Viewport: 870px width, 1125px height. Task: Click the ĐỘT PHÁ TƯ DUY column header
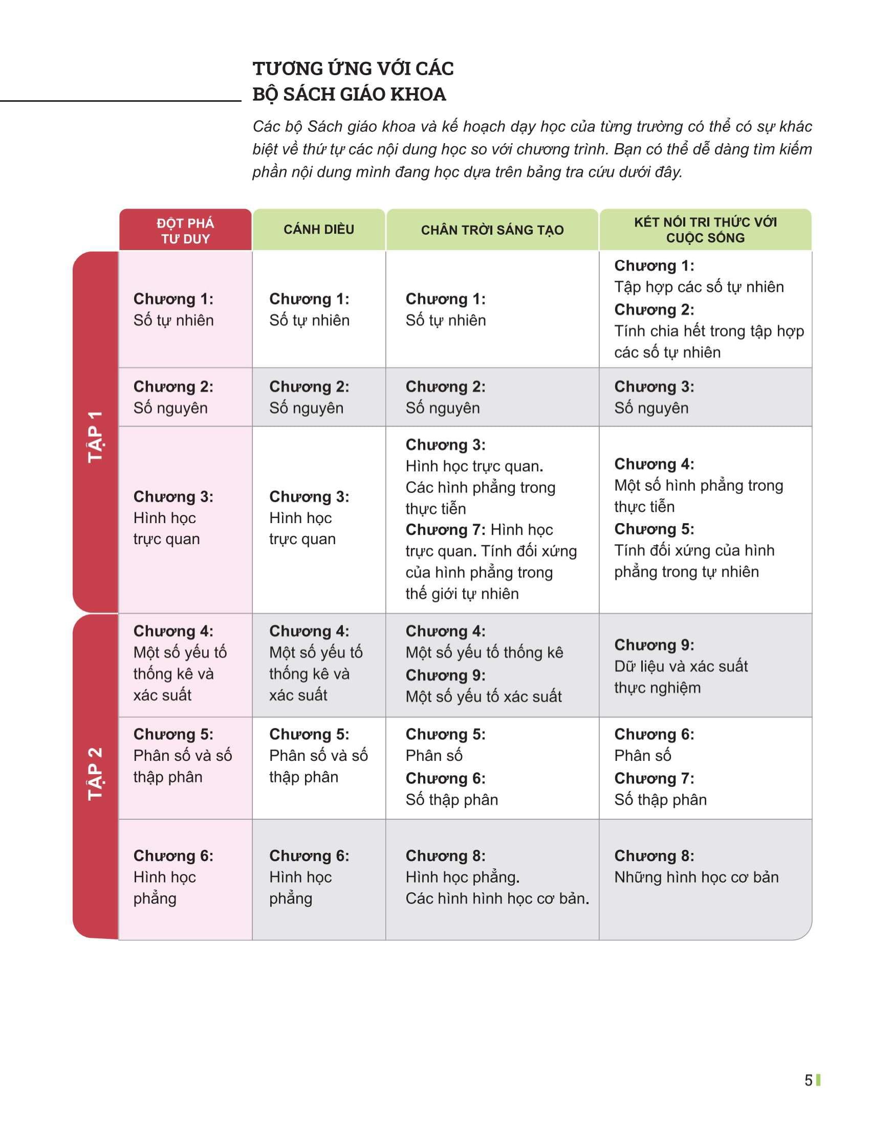[185, 231]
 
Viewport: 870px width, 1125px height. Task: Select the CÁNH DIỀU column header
[318, 230]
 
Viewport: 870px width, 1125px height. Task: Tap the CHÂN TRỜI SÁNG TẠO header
[492, 230]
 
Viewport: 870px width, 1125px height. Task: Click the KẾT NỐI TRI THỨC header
[705, 230]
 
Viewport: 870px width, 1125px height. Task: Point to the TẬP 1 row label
[96, 436]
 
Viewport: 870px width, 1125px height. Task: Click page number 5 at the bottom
[808, 1080]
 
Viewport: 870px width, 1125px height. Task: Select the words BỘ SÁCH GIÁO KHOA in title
[349, 94]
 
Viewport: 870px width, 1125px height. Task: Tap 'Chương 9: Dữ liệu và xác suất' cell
[680, 665]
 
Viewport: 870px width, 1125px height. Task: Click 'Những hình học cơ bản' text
[696, 877]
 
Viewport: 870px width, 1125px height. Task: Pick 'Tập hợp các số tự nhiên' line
[699, 287]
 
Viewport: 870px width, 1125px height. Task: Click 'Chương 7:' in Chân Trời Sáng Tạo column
[445, 530]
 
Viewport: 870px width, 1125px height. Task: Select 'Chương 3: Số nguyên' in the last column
[654, 397]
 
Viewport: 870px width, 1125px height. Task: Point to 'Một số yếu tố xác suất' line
[483, 696]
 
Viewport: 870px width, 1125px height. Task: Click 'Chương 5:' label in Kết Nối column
[654, 529]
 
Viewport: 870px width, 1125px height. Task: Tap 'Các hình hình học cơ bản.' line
[497, 898]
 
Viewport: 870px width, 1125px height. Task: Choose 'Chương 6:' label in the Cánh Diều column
[309, 856]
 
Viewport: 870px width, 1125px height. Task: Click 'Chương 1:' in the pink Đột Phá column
[173, 299]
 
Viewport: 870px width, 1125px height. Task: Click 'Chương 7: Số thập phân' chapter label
[654, 778]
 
